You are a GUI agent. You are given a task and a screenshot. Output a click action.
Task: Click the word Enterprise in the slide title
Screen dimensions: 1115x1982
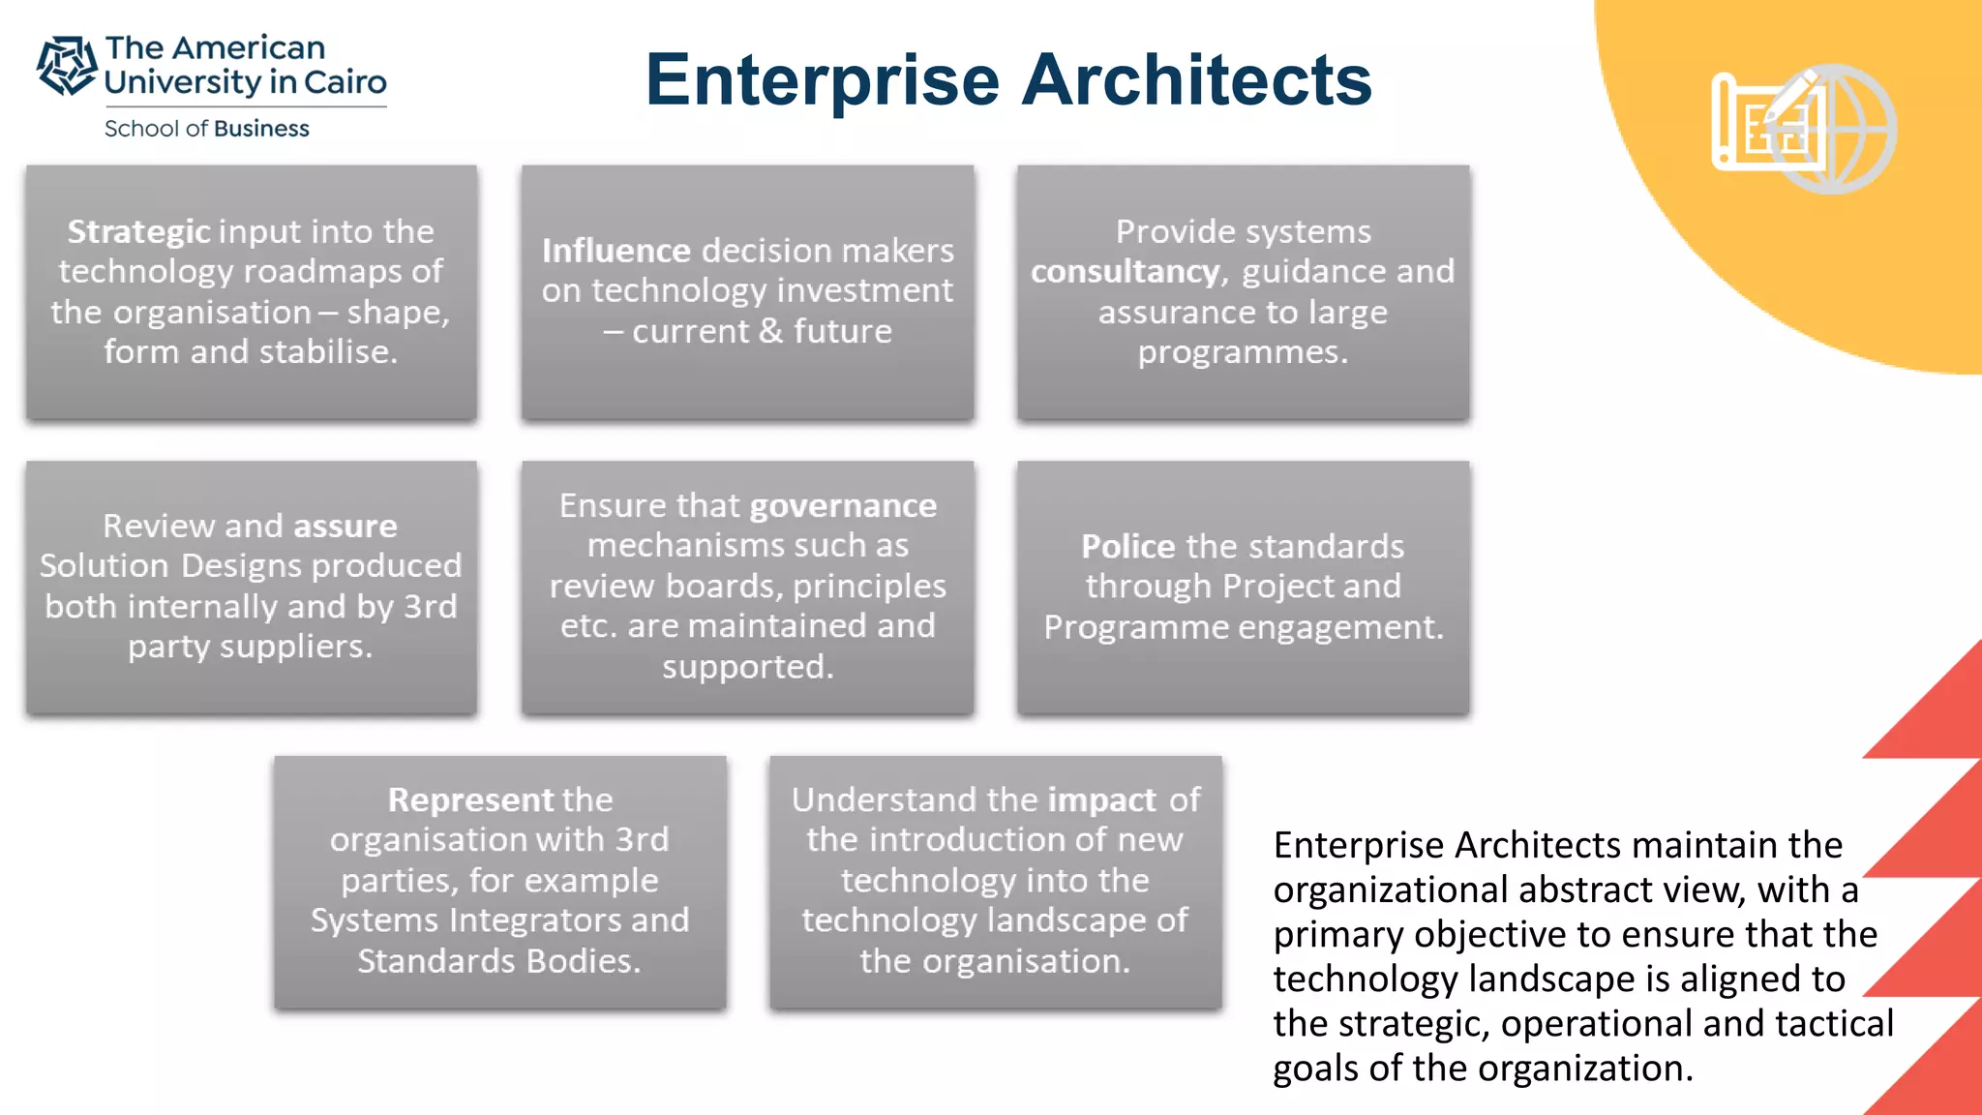pyautogui.click(x=822, y=81)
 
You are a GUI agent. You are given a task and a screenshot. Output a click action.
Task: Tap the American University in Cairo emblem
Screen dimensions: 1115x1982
pyautogui.click(x=66, y=66)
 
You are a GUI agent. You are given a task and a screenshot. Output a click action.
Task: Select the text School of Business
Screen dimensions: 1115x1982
pyautogui.click(x=206, y=129)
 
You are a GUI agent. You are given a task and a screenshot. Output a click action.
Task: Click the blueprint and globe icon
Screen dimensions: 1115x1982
pyautogui.click(x=1802, y=128)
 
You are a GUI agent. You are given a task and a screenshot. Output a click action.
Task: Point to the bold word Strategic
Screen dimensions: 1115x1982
pyautogui.click(x=138, y=231)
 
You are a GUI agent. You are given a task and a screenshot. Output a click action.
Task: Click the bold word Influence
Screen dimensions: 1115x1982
pyautogui.click(x=616, y=251)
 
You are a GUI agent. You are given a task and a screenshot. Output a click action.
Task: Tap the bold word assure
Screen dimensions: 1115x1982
pyautogui.click(x=345, y=526)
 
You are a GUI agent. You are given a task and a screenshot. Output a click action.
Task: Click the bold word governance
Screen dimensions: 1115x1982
pyautogui.click(x=843, y=505)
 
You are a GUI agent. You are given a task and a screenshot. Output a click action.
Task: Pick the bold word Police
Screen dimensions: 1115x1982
pyautogui.click(x=1127, y=547)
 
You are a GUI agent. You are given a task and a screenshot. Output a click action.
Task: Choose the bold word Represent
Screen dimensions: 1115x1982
pyautogui.click(x=470, y=799)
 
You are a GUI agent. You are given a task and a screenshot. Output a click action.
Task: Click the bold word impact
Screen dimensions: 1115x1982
pyautogui.click(x=1101, y=799)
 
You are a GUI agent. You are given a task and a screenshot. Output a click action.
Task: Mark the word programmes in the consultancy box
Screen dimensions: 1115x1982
pyautogui.click(x=1243, y=352)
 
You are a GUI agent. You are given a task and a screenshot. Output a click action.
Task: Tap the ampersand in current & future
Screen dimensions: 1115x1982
pyautogui.click(x=770, y=331)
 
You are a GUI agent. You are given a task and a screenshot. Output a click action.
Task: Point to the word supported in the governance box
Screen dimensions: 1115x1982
pyautogui.click(x=747, y=666)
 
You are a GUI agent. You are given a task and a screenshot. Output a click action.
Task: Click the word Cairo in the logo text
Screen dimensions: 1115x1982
pyautogui.click(x=345, y=82)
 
